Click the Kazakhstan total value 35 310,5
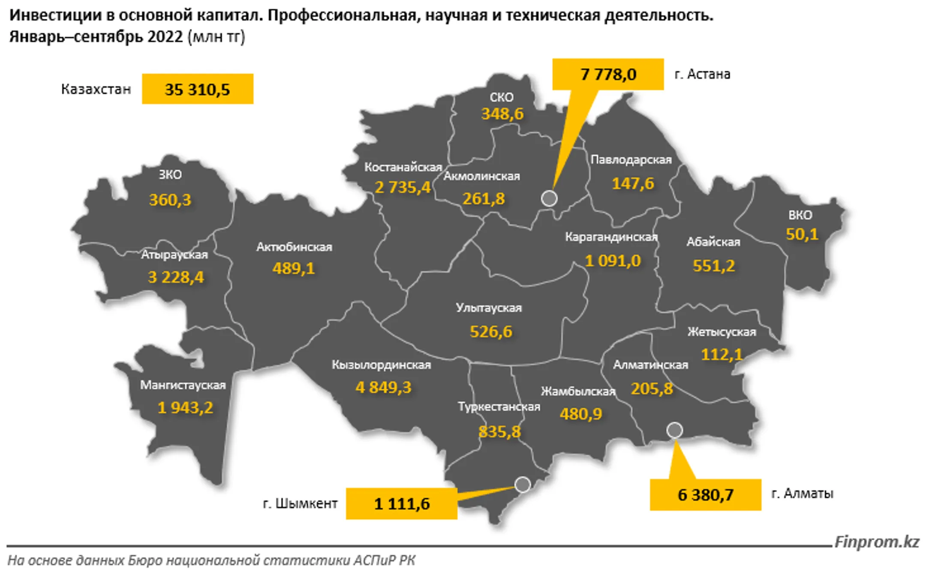[197, 89]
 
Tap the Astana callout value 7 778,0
[608, 75]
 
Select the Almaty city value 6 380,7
[705, 495]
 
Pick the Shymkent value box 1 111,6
[402, 504]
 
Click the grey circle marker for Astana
[549, 198]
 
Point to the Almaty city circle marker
[674, 430]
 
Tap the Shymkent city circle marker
[523, 484]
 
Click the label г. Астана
[702, 75]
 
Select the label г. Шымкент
[300, 504]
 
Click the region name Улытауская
[489, 308]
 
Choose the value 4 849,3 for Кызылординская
[383, 388]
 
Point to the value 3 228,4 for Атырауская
[176, 277]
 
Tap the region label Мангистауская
[183, 385]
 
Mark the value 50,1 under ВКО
[802, 234]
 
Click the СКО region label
[501, 97]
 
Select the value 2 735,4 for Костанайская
[402, 187]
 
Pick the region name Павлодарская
[631, 159]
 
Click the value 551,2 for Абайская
[714, 266]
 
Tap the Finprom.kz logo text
[877, 542]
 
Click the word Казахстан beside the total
[96, 89]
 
